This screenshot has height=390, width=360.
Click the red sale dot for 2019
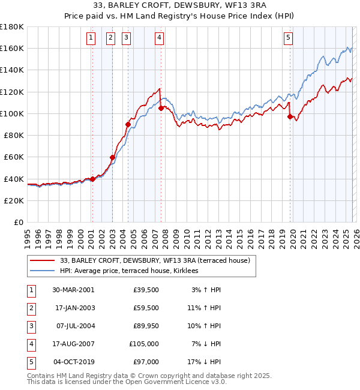point(290,117)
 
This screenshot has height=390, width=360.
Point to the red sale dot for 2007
point(161,109)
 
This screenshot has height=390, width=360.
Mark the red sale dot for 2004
point(128,125)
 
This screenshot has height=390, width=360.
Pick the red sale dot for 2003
point(112,158)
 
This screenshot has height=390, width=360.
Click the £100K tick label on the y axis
point(12,113)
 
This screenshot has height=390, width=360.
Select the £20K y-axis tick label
point(14,200)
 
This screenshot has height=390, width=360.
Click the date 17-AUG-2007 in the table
point(74,344)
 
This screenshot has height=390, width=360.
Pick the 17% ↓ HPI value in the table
point(205,362)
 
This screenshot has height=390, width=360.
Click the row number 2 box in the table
point(31,308)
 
